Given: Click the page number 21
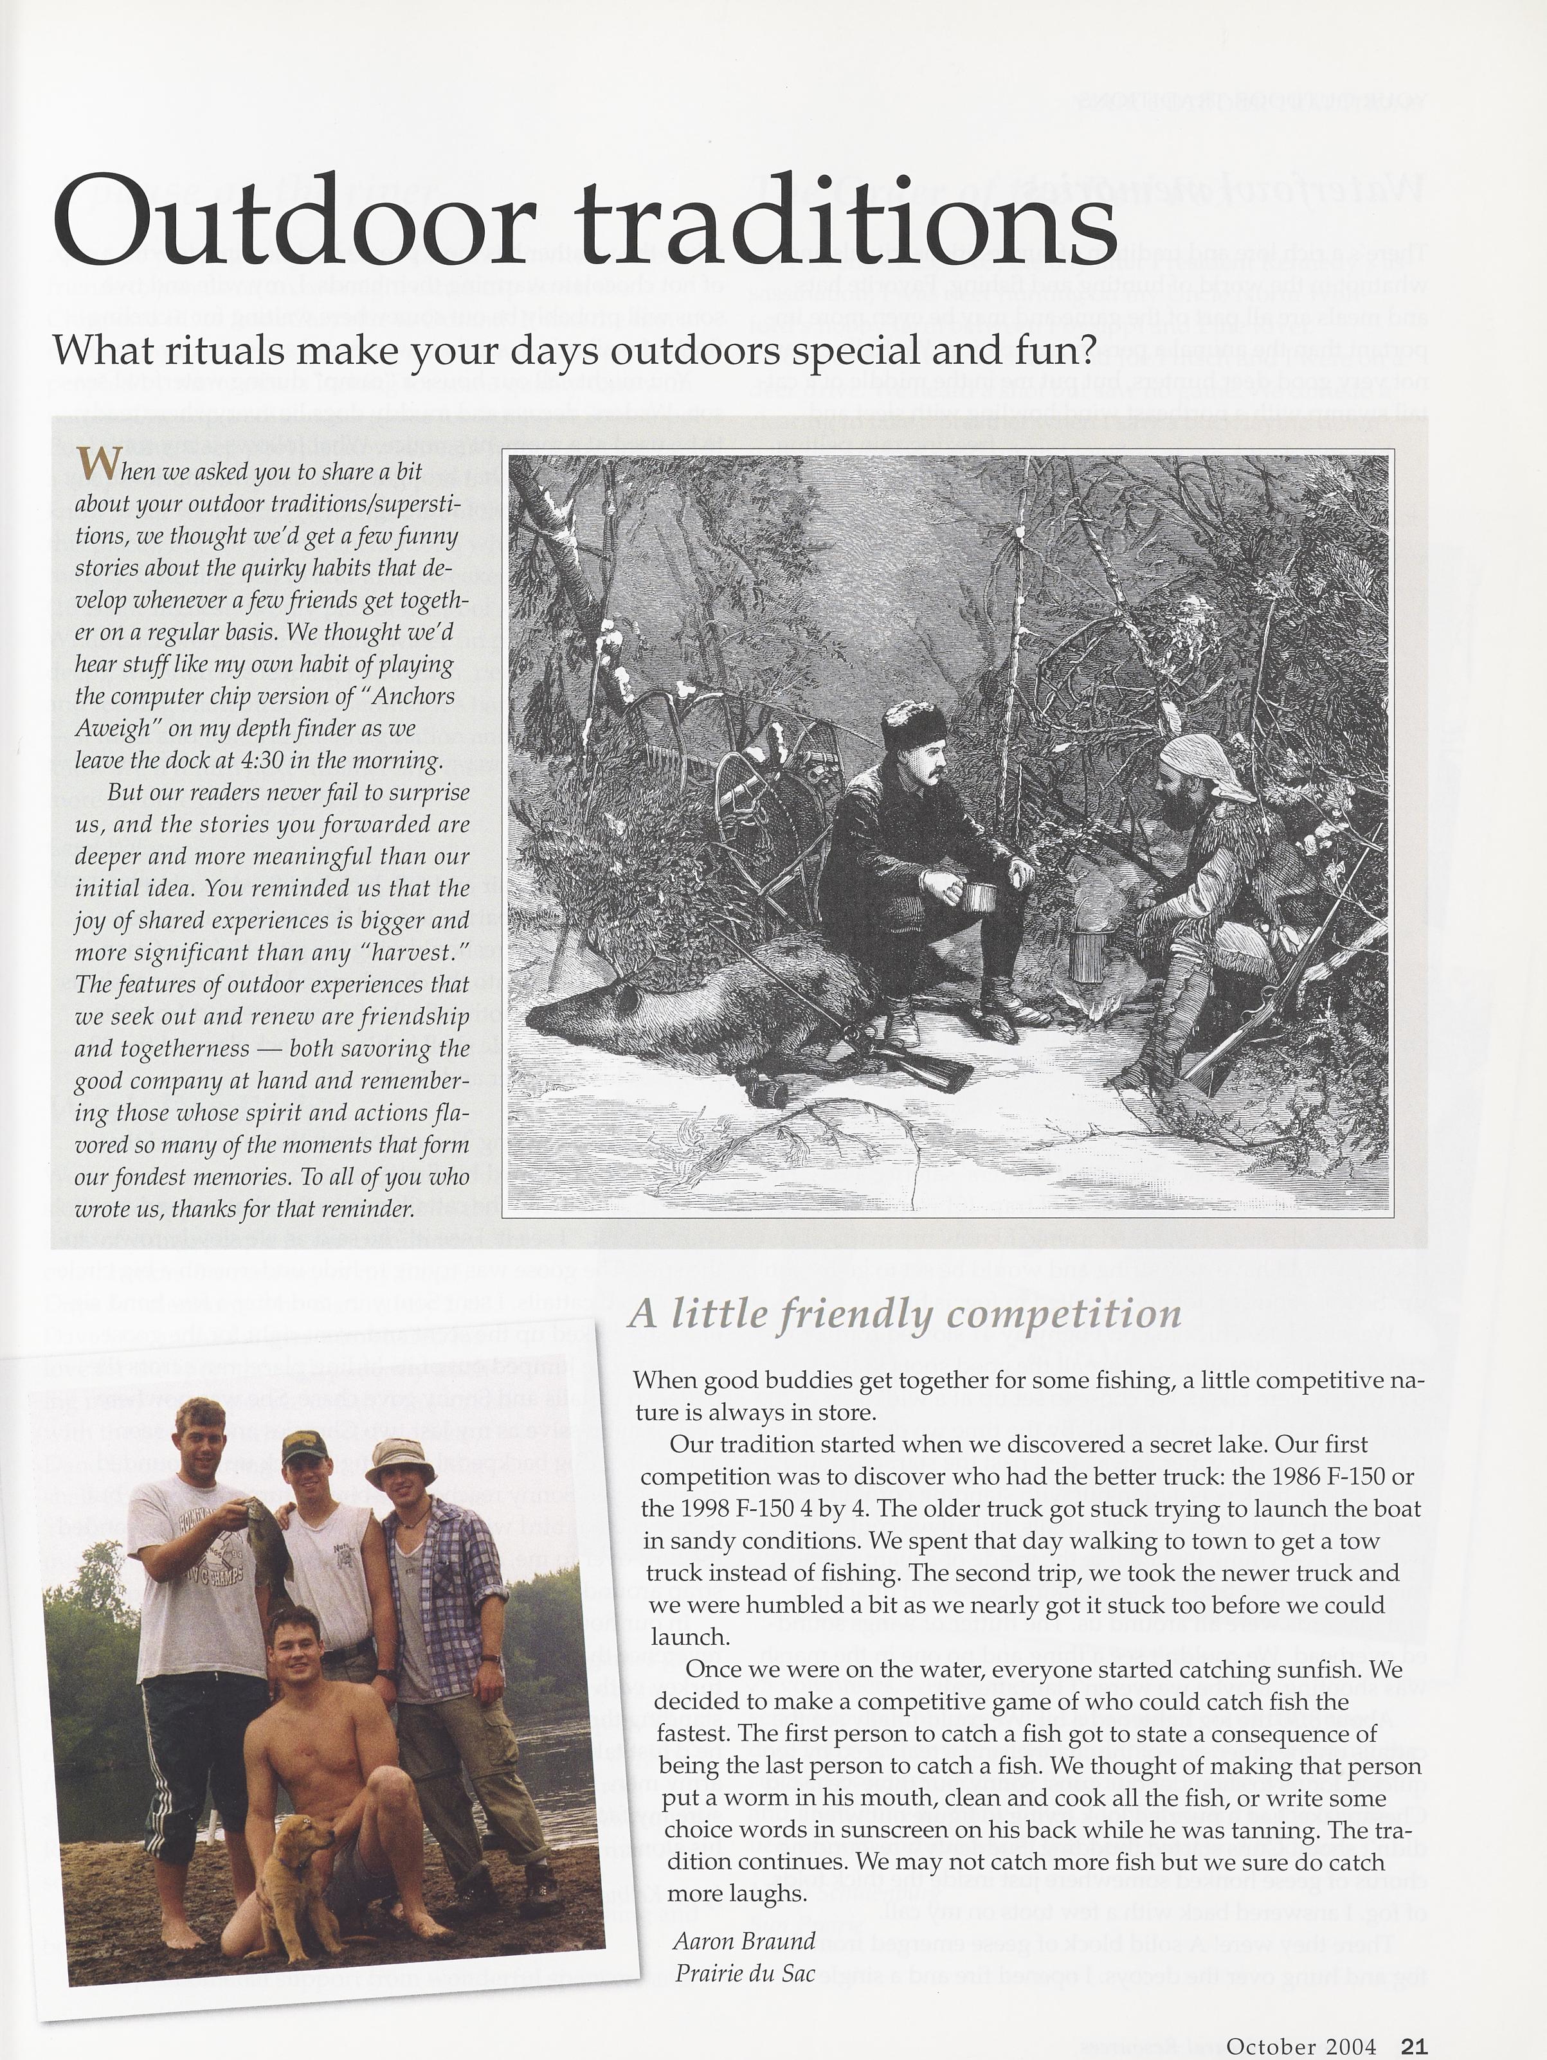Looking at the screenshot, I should tap(1414, 2039).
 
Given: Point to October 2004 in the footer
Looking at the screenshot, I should tap(1300, 2039).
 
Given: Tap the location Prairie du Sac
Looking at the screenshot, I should tap(743, 1971).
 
